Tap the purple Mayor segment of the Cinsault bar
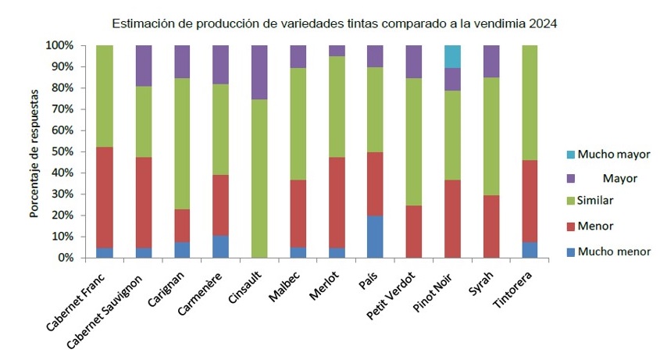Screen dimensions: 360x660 pos(260,73)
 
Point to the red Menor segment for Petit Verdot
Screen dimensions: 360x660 pos(415,231)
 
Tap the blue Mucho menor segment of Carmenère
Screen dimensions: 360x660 pos(221,246)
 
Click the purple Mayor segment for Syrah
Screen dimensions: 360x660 pos(491,61)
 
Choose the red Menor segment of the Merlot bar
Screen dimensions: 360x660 pos(337,202)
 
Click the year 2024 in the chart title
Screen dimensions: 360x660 pos(542,23)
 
